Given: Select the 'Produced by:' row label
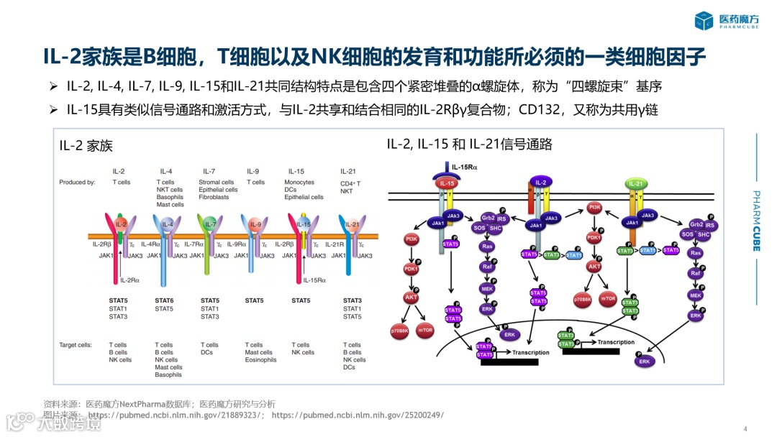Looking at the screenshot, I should click(77, 183).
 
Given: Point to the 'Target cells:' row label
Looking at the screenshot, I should click(76, 345).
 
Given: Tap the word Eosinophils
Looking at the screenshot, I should click(260, 360).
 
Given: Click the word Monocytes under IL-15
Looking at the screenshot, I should click(299, 183).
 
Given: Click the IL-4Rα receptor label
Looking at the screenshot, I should click(150, 245).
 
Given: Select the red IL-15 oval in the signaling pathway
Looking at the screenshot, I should click(443, 183).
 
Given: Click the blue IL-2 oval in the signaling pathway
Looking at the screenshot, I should click(541, 183).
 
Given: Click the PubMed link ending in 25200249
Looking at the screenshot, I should click(358, 415).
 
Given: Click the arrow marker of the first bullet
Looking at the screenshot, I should click(53, 86).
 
